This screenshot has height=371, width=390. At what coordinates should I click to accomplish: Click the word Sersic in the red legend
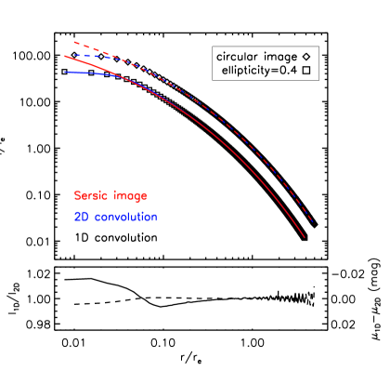91,196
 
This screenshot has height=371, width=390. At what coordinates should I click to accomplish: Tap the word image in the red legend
130,196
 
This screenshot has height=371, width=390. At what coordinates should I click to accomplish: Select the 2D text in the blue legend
80,217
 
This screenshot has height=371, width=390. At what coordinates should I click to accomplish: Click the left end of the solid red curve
65,56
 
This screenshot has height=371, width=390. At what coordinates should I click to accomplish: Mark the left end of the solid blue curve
65,72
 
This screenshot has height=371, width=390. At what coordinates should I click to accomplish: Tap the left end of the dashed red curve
74,42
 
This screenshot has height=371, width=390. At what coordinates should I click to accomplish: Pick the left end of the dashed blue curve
74,55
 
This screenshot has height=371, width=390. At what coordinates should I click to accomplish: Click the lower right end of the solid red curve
305,238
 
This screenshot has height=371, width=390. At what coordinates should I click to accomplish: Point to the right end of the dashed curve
313,223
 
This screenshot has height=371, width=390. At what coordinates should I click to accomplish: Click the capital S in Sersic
77,196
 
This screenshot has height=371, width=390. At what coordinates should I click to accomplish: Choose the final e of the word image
144,197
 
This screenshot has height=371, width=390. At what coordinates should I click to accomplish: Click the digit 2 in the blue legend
77,217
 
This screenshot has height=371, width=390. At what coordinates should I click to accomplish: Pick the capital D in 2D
84,217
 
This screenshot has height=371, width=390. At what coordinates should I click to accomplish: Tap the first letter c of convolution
95,218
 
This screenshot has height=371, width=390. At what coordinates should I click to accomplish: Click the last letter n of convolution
154,218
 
